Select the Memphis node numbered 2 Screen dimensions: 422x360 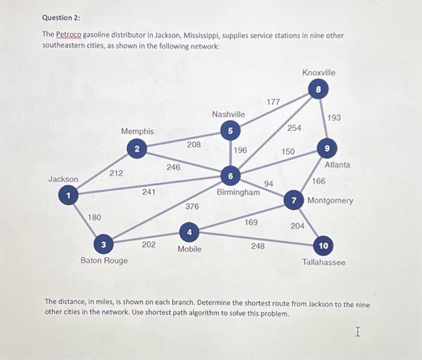pos(137,148)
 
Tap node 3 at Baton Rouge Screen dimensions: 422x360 pos(104,244)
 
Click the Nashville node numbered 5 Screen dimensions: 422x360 pos(230,130)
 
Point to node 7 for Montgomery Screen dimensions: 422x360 pos(294,200)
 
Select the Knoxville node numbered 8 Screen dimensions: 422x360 pos(319,90)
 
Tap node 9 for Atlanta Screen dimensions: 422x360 pos(326,148)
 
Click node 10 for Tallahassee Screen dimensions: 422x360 pos(324,245)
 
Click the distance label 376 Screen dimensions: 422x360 pos(192,207)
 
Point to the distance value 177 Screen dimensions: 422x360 pos(273,103)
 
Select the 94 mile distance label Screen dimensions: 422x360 pos(269,183)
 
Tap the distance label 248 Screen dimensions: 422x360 pos(257,246)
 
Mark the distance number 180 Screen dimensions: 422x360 pos(95,217)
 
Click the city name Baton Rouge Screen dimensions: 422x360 pos(104,261)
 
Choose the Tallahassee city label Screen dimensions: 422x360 pos(324,262)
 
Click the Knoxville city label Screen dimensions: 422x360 pos(319,72)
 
